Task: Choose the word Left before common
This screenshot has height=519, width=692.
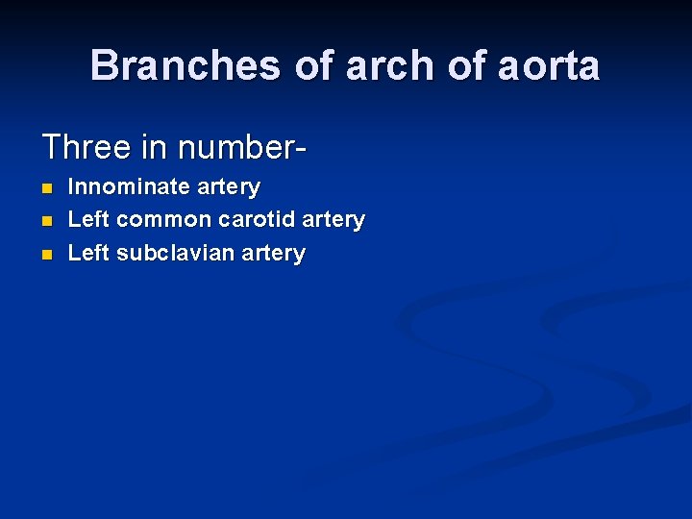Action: (88, 219)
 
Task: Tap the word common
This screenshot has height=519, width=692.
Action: (164, 219)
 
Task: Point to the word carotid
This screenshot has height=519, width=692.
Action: (257, 219)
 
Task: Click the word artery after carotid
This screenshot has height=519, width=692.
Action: (334, 220)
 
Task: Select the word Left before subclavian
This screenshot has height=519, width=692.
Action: (88, 253)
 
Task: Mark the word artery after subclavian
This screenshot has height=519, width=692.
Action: (274, 254)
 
